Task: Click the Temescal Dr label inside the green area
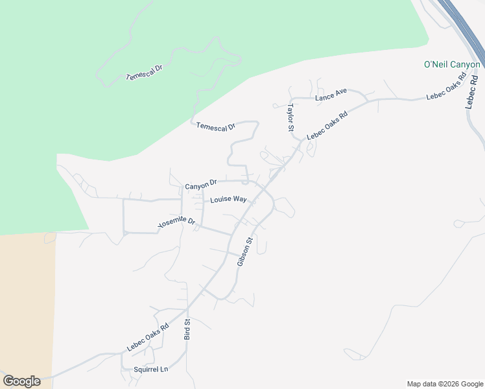tap(144, 72)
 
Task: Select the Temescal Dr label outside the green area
tap(216, 127)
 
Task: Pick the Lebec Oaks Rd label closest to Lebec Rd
tap(446, 86)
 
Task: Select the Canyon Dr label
tap(200, 185)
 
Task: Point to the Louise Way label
tap(228, 200)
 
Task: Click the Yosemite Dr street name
tap(176, 223)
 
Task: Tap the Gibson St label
tap(244, 252)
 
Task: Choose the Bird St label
tap(187, 329)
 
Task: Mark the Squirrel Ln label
tap(150, 370)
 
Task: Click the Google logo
tap(21, 381)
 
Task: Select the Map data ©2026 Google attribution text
tap(444, 384)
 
